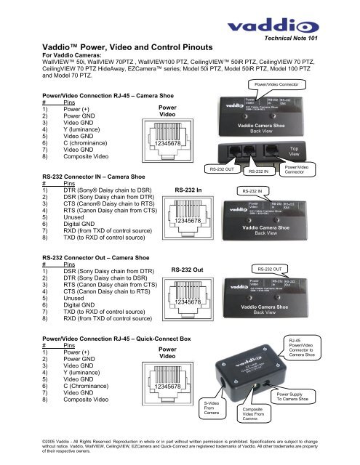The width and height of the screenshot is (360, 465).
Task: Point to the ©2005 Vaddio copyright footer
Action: click(x=180, y=448)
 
